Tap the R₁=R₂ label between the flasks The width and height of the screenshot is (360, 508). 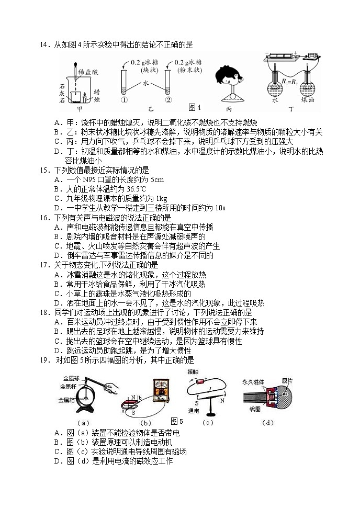289,82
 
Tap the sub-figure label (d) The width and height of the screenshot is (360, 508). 268,422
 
